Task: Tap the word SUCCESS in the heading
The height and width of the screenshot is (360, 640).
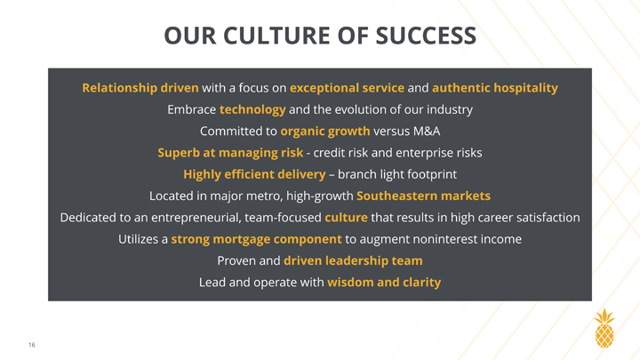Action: click(x=426, y=35)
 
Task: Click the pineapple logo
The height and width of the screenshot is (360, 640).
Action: click(x=604, y=329)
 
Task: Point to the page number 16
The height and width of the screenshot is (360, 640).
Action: click(x=32, y=345)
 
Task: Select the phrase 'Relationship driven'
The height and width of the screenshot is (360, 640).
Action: click(x=140, y=88)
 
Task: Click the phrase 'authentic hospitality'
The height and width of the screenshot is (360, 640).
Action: click(x=495, y=88)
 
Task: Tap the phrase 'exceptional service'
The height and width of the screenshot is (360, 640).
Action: click(x=347, y=88)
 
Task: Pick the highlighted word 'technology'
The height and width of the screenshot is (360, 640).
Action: click(x=252, y=109)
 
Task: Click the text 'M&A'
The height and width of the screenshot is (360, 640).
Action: click(x=426, y=131)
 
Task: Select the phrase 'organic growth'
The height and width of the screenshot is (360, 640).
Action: click(x=325, y=131)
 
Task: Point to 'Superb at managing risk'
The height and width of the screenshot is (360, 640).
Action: click(x=230, y=153)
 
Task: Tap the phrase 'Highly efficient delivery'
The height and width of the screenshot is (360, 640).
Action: click(x=254, y=174)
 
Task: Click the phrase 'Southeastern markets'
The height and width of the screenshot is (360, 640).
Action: click(x=423, y=196)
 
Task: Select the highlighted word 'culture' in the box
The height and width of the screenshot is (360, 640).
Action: click(x=346, y=218)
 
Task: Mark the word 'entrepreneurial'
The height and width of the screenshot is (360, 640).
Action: click(x=196, y=218)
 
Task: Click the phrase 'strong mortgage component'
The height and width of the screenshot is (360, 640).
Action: click(x=256, y=239)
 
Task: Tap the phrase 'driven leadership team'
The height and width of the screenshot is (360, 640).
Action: click(x=353, y=260)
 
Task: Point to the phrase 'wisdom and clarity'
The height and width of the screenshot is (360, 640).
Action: click(x=384, y=283)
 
